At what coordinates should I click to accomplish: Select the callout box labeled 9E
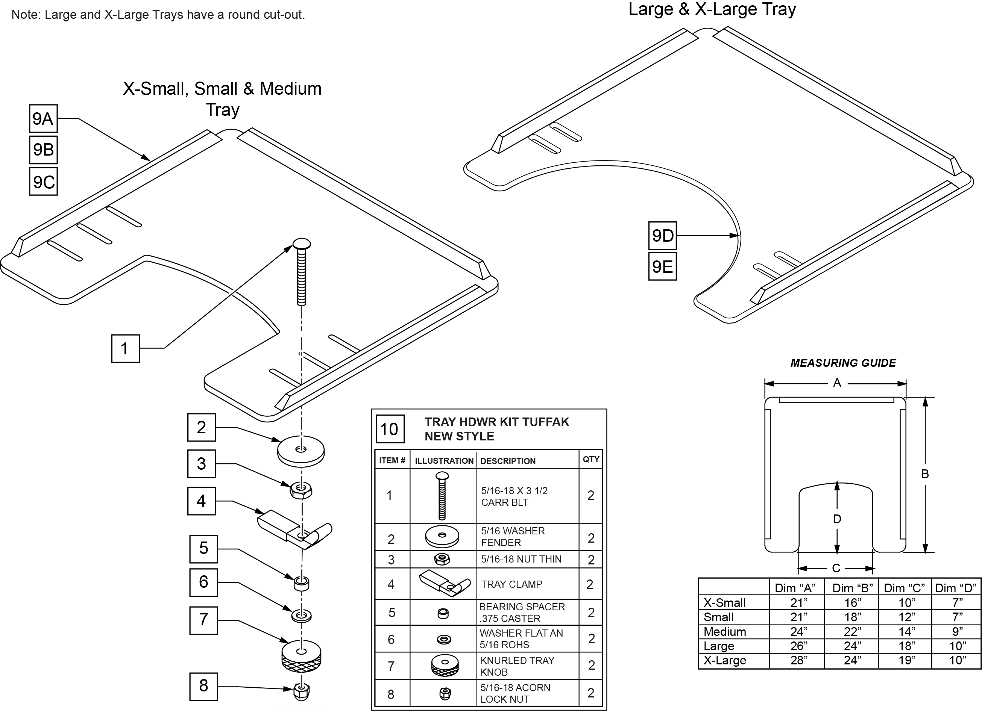coord(662,266)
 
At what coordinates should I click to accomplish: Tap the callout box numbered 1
coord(125,348)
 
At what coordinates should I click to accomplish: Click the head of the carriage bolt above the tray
coord(302,243)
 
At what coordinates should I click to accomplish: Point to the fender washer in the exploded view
coord(301,451)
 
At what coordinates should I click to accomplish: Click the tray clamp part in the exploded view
coord(294,528)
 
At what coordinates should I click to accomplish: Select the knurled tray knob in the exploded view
coord(301,656)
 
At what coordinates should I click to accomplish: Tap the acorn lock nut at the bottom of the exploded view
coord(301,691)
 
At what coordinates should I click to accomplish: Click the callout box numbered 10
coord(390,429)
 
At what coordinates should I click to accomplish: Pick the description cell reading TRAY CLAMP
coord(511,584)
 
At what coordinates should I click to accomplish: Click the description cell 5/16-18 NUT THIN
coord(521,559)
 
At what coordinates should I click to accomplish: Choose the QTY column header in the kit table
coord(591,459)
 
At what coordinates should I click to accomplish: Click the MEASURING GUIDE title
coord(843,363)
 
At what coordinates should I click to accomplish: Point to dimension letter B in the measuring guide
coord(925,474)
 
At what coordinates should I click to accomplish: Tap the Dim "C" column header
coord(904,588)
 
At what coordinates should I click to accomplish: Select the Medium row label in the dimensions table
coord(725,631)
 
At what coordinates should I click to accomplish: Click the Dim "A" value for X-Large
coord(799,660)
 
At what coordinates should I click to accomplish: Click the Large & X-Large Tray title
coord(712,9)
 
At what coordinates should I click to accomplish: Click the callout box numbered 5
coord(203,549)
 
